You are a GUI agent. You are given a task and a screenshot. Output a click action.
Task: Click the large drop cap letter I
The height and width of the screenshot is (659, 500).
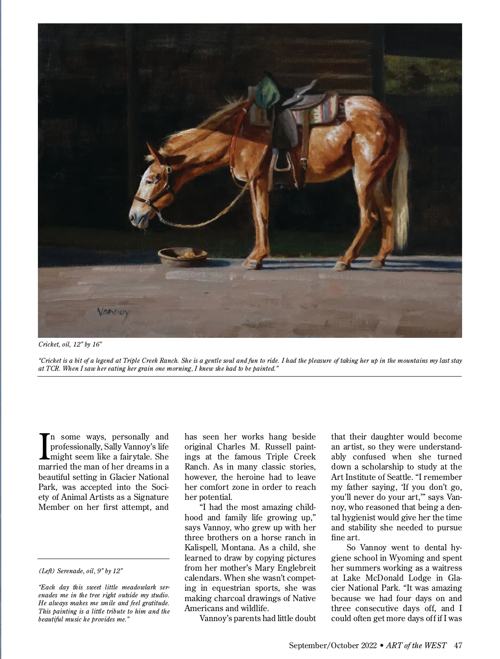pyautogui.click(x=44, y=447)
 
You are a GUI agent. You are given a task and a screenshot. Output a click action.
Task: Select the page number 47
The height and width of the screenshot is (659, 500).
pyautogui.click(x=458, y=645)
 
